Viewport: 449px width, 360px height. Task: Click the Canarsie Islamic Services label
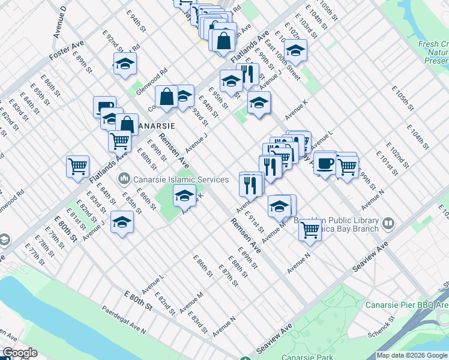point(180,179)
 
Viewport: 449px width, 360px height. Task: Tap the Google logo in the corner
point(19,353)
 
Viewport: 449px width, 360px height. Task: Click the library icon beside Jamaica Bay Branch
point(388,224)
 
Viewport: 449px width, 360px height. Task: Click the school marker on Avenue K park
point(184,194)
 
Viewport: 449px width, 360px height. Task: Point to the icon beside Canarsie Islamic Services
point(124,178)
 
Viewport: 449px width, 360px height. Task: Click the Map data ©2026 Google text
point(412,355)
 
